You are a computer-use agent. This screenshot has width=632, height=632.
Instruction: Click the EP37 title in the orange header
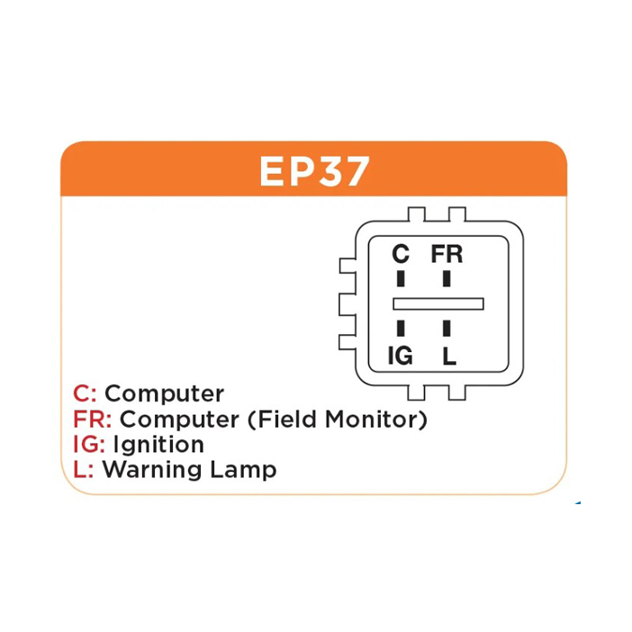coord(314,171)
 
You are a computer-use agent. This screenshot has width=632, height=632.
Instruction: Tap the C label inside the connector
coord(401,254)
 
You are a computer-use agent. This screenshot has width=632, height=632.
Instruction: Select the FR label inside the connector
coord(447,254)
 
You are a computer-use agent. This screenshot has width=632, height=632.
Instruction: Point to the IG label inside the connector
coord(400,356)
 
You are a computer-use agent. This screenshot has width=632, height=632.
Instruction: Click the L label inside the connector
coord(449,356)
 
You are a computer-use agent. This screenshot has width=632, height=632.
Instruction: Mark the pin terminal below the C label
coord(401,278)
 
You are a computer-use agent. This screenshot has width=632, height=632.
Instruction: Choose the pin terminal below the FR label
coord(447,278)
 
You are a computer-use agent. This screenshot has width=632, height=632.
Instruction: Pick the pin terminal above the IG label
coord(401,328)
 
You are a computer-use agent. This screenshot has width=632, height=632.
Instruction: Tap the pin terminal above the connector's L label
coord(447,328)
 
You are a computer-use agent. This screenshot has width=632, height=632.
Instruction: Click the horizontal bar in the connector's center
coord(438,303)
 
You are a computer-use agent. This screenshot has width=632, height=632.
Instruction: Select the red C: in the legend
coord(85,393)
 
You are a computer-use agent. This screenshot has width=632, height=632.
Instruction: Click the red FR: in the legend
coord(93,420)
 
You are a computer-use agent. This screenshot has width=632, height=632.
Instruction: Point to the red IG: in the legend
coord(89,445)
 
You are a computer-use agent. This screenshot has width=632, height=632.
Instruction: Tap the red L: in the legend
coord(84,470)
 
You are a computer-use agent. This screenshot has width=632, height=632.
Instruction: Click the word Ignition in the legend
coord(158,445)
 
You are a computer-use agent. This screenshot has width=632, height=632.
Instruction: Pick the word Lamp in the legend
coord(243,470)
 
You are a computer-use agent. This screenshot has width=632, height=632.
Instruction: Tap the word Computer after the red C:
coord(164,394)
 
